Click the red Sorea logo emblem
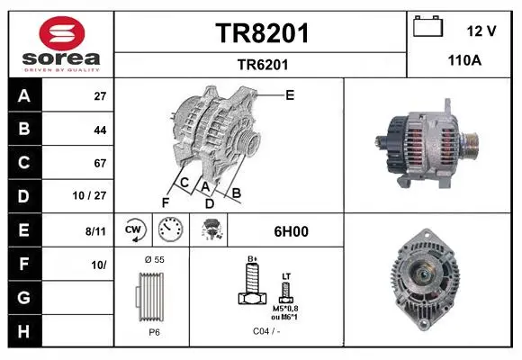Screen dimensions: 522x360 click(x=62, y=33)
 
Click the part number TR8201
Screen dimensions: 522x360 click(x=262, y=33)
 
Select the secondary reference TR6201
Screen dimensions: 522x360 click(x=263, y=65)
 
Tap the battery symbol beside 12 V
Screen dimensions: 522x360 click(x=428, y=26)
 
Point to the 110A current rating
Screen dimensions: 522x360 click(x=464, y=60)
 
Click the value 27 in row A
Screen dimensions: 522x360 click(x=100, y=96)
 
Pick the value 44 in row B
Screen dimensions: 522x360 click(x=100, y=130)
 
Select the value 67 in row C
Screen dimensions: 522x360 click(x=100, y=163)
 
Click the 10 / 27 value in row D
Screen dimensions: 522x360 click(x=89, y=195)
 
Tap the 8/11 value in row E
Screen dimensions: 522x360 click(x=95, y=231)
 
